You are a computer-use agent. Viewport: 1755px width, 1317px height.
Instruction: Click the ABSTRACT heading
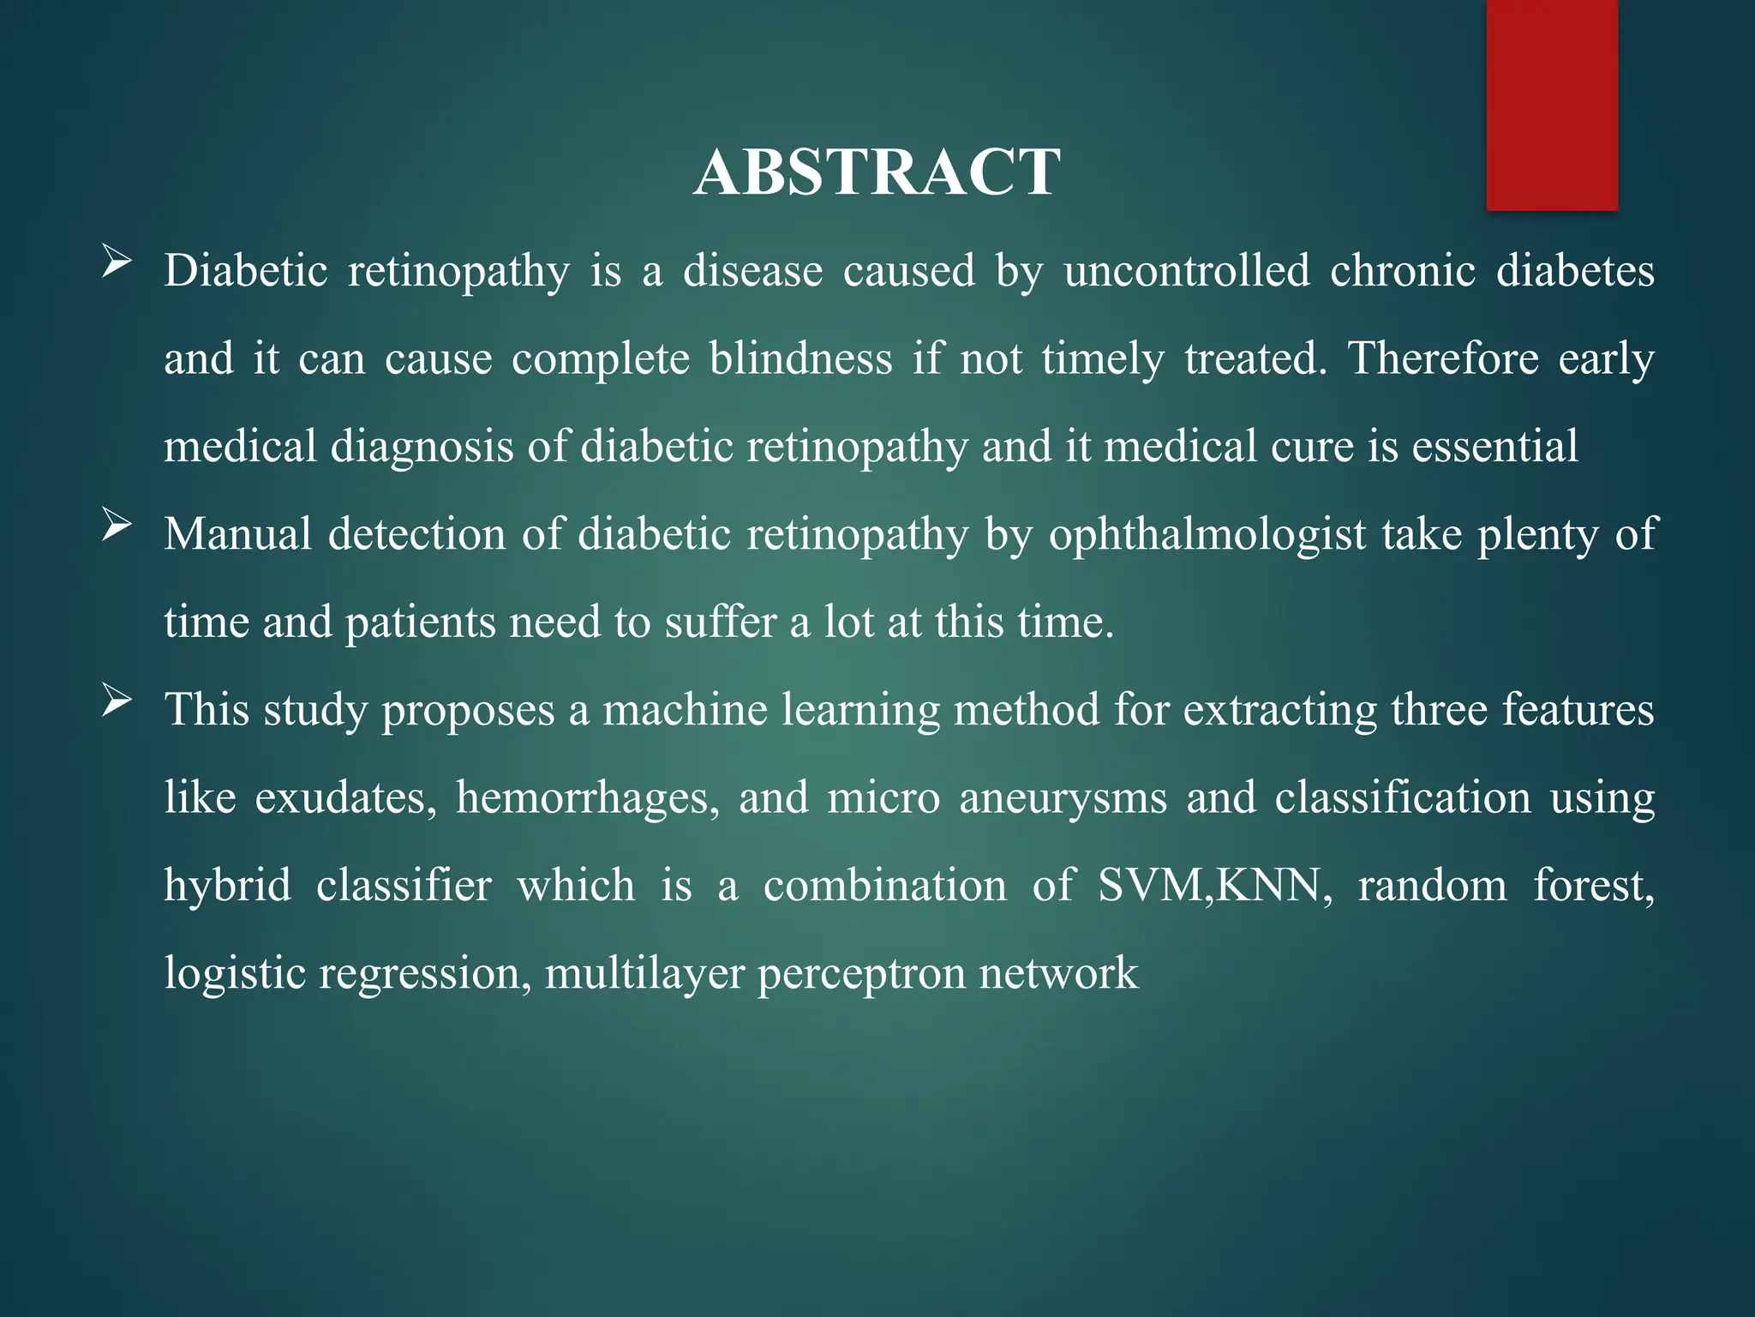877,172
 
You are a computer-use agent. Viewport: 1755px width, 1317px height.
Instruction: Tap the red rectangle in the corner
1552,105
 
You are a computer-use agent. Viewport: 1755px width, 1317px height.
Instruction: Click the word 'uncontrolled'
1187,271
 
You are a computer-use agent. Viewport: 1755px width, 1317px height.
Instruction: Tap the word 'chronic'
1403,271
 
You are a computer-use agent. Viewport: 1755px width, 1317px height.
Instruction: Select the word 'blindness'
801,358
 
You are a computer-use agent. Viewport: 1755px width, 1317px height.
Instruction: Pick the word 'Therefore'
1444,358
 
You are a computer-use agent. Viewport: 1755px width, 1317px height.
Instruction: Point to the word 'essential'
1494,447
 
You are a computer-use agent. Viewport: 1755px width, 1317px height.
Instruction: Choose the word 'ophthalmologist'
1207,535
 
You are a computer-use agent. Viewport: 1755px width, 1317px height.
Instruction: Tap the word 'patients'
420,622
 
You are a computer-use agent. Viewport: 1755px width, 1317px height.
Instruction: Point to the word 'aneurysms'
1063,798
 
